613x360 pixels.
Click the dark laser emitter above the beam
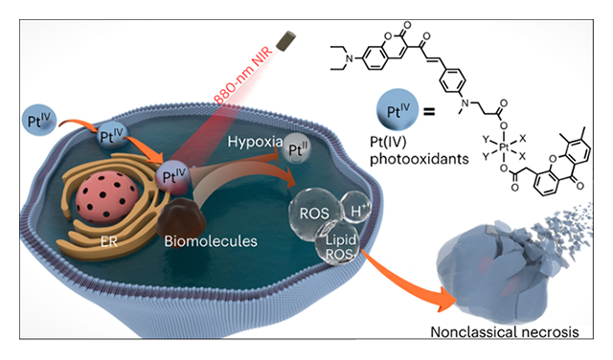(284, 39)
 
